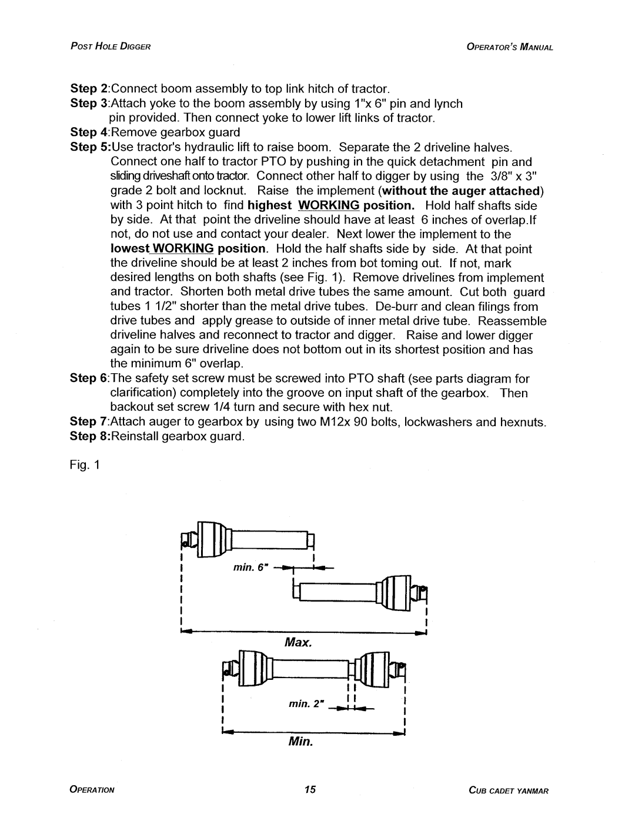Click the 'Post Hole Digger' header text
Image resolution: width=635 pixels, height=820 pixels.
(x=111, y=47)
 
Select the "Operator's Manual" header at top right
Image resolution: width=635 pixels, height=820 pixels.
(x=510, y=47)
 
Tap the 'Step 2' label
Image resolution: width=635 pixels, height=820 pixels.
(x=89, y=89)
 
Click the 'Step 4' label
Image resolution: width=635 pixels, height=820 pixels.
(x=89, y=132)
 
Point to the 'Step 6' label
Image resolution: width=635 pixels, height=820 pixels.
(x=89, y=378)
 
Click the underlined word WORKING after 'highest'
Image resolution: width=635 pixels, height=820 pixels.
(x=329, y=205)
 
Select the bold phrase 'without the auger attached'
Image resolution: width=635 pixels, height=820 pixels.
(x=462, y=191)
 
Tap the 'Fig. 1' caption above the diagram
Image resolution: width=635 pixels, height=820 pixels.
(x=85, y=464)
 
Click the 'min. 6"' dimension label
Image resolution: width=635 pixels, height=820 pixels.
(x=250, y=567)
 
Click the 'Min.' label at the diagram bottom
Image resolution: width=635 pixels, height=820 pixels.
(x=300, y=741)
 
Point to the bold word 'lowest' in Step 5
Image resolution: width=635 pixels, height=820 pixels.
(x=130, y=248)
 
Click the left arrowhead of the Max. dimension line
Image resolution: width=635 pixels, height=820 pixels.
(x=186, y=631)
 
